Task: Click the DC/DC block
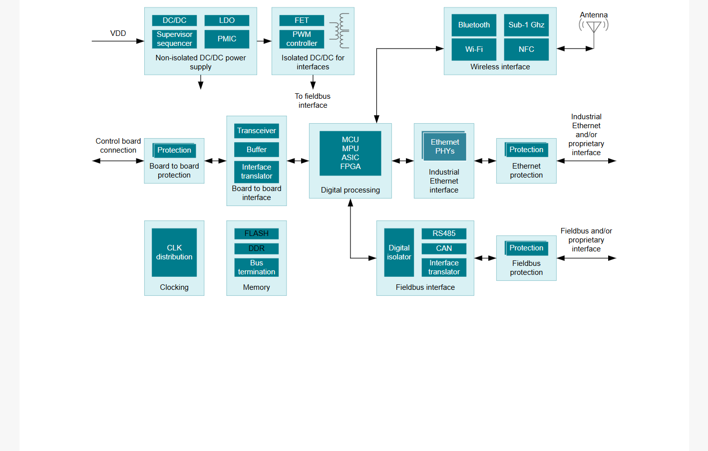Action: [x=174, y=20]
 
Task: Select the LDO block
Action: [x=227, y=20]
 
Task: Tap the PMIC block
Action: [x=227, y=39]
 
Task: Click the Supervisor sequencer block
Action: [x=174, y=39]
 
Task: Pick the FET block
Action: [x=302, y=20]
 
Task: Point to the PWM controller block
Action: [x=302, y=39]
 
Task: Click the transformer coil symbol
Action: [x=341, y=31]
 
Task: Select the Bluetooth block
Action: [x=474, y=25]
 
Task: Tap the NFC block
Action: [x=526, y=49]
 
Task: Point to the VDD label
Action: [x=118, y=33]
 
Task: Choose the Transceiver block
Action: [x=256, y=131]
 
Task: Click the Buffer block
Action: [x=256, y=149]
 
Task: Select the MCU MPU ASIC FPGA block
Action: [x=350, y=153]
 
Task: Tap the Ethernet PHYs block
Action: [x=444, y=146]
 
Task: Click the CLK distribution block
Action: [x=174, y=252]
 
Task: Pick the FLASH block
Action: [x=256, y=233]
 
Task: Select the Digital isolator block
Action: [x=399, y=252]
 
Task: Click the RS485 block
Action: [x=444, y=233]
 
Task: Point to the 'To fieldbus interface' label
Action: [x=313, y=101]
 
